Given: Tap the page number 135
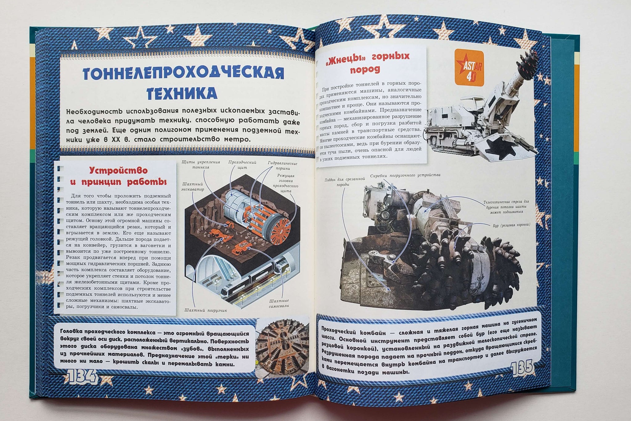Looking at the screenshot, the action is click(x=522, y=368).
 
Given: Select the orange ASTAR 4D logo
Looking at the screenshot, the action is click(x=469, y=67).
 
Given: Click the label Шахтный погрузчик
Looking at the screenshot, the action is click(x=206, y=311).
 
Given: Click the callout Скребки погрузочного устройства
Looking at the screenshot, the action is click(x=405, y=175).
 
